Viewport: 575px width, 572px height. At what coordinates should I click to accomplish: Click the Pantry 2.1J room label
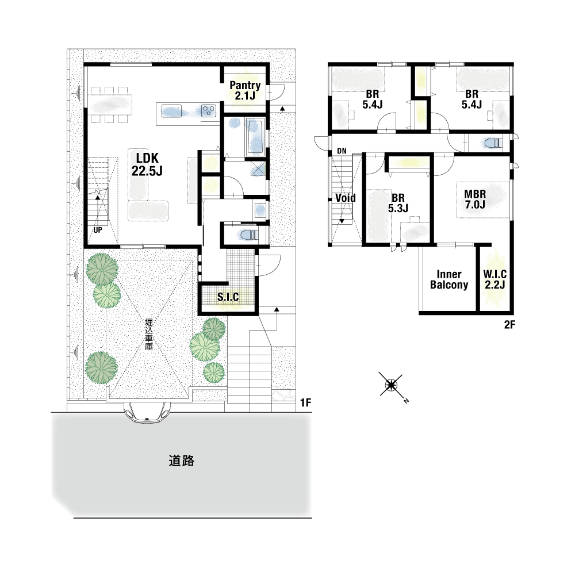point(245,91)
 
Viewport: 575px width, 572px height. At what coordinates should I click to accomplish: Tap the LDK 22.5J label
point(147,164)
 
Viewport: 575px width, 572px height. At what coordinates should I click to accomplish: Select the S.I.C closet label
point(228,297)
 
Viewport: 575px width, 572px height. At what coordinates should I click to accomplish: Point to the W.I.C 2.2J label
point(494,279)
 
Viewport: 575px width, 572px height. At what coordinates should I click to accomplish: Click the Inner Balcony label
point(449,279)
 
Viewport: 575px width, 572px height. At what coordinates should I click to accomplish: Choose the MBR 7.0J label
point(475,199)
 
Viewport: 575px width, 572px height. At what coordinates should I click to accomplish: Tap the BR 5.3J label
point(398,203)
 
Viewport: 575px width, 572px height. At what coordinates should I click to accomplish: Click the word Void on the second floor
point(346,198)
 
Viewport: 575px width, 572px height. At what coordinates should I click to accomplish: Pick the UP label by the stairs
point(98,231)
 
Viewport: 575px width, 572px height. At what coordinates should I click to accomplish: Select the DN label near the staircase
point(342,151)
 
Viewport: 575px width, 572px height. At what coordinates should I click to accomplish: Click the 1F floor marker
point(305,402)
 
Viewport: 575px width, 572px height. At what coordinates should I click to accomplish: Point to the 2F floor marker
point(509,324)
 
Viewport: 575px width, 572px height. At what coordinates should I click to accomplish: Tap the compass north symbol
point(392,385)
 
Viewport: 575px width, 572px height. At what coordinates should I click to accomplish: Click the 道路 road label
point(181,461)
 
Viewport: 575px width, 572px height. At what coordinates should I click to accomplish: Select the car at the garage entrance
point(147,413)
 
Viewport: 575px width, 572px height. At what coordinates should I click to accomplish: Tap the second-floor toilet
point(493,143)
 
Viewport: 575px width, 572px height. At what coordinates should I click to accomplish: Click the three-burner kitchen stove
point(209,110)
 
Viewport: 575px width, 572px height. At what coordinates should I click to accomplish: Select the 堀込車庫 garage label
point(148,334)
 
